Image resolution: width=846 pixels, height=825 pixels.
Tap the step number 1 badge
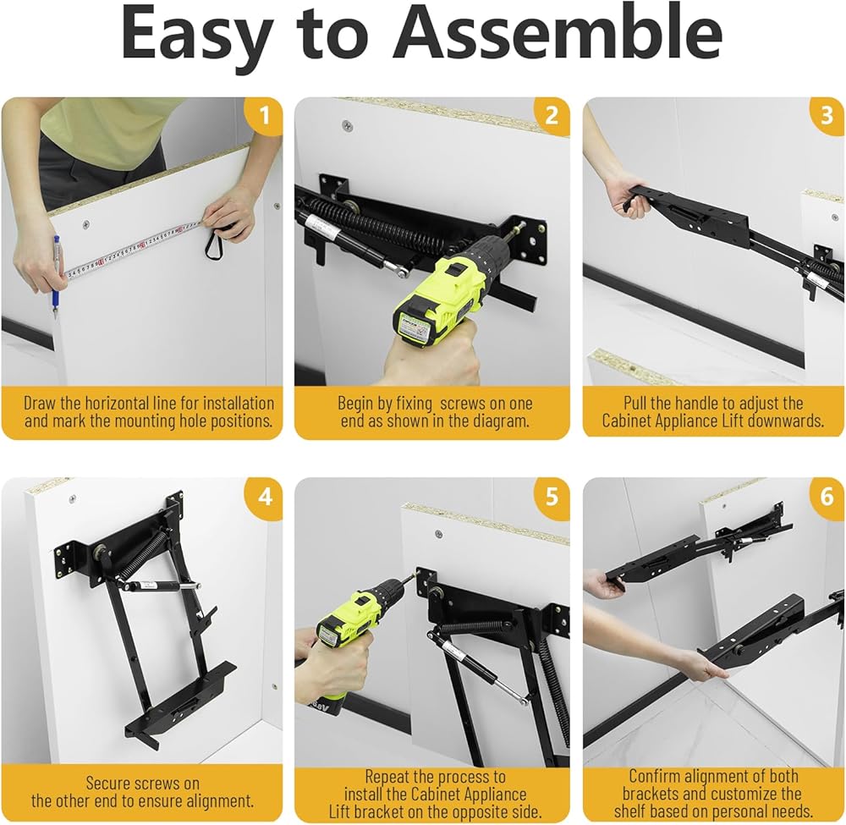(x=263, y=115)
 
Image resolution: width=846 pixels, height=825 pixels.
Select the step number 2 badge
(x=552, y=115)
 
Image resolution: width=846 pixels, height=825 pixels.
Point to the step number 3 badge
(x=827, y=115)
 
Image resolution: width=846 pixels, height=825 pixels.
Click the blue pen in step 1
(x=55, y=278)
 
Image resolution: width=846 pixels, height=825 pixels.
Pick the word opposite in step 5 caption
(x=481, y=811)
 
